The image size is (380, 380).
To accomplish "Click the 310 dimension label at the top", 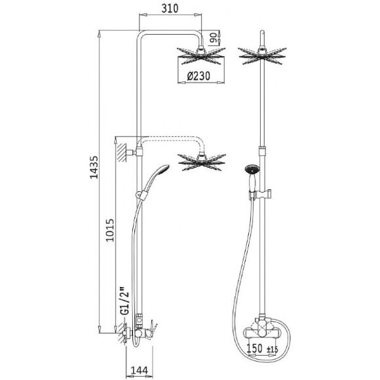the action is [170, 9].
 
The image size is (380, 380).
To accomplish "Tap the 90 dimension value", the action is [214, 38].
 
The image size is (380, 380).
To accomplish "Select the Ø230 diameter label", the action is [199, 76].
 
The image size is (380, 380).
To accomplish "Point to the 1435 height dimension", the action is [94, 167].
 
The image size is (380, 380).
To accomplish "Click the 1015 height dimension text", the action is [110, 230].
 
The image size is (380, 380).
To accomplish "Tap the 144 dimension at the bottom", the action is [139, 370].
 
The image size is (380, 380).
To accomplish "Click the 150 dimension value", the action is [254, 349].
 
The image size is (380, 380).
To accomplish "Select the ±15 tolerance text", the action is [273, 350].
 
